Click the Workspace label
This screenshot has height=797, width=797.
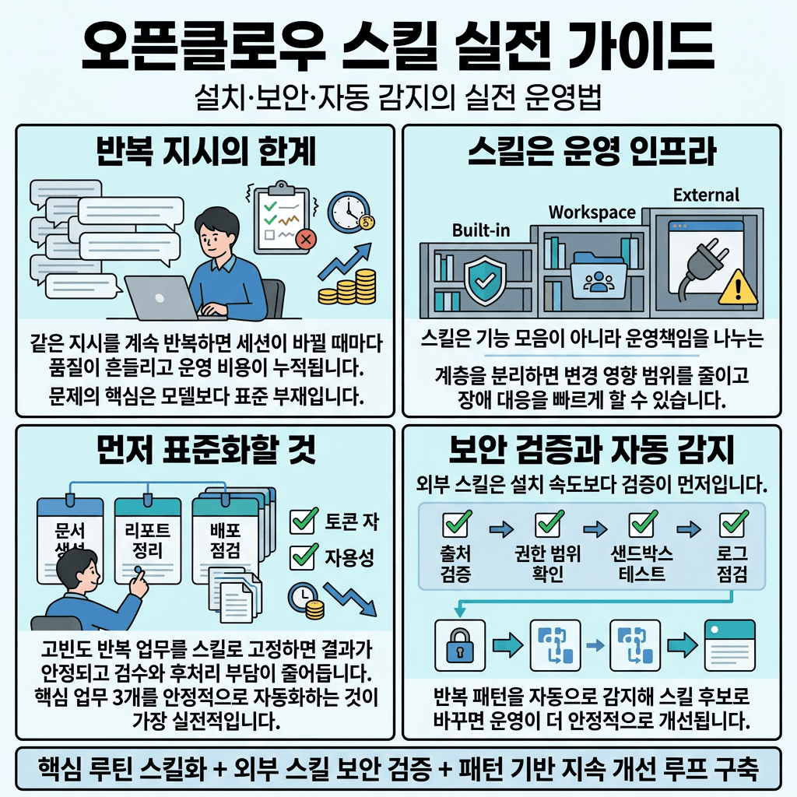(592, 212)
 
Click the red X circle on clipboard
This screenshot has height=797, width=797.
(305, 238)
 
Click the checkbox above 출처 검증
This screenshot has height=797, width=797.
(455, 525)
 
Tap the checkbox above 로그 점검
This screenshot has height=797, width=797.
(732, 525)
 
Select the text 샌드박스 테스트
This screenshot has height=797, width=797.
(642, 564)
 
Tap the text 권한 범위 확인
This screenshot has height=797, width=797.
(549, 564)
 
